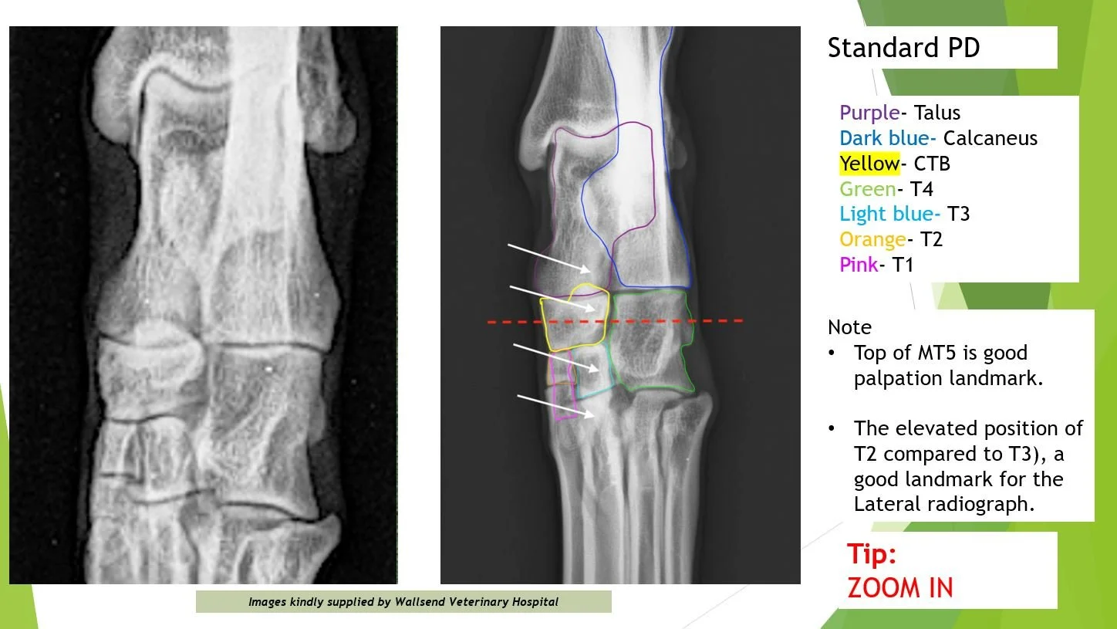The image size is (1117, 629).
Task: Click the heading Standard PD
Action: [x=903, y=48]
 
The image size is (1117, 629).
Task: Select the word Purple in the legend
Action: [x=869, y=113]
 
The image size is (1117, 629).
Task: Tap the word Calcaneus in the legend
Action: [x=990, y=138]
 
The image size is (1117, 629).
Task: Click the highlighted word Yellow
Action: [x=869, y=164]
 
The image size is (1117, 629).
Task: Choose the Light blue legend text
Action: [x=889, y=214]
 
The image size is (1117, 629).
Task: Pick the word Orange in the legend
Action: [x=872, y=239]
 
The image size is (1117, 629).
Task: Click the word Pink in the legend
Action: [x=859, y=265]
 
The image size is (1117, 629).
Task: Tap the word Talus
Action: [x=934, y=113]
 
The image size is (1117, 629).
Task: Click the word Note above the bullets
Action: [x=849, y=327]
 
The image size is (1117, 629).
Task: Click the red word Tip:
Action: [x=872, y=554]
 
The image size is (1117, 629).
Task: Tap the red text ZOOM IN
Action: [x=900, y=588]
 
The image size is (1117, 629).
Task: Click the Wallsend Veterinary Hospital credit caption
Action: [x=403, y=602]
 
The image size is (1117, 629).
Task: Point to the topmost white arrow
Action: [x=549, y=258]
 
